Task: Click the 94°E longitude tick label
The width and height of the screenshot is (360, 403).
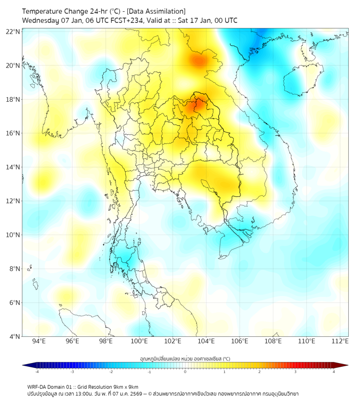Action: (x=39, y=341)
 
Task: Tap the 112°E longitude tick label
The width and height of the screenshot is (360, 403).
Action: (x=340, y=341)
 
